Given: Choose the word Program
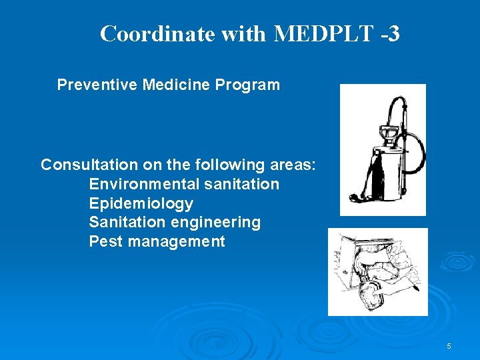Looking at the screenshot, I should tap(248, 85).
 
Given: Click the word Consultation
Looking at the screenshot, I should tap(87, 165).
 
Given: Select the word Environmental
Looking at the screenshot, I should tap(144, 184).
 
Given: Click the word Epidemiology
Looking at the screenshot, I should tap(141, 203).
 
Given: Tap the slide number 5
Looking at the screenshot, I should tap(449, 346).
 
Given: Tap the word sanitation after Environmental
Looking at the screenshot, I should tap(242, 184).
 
